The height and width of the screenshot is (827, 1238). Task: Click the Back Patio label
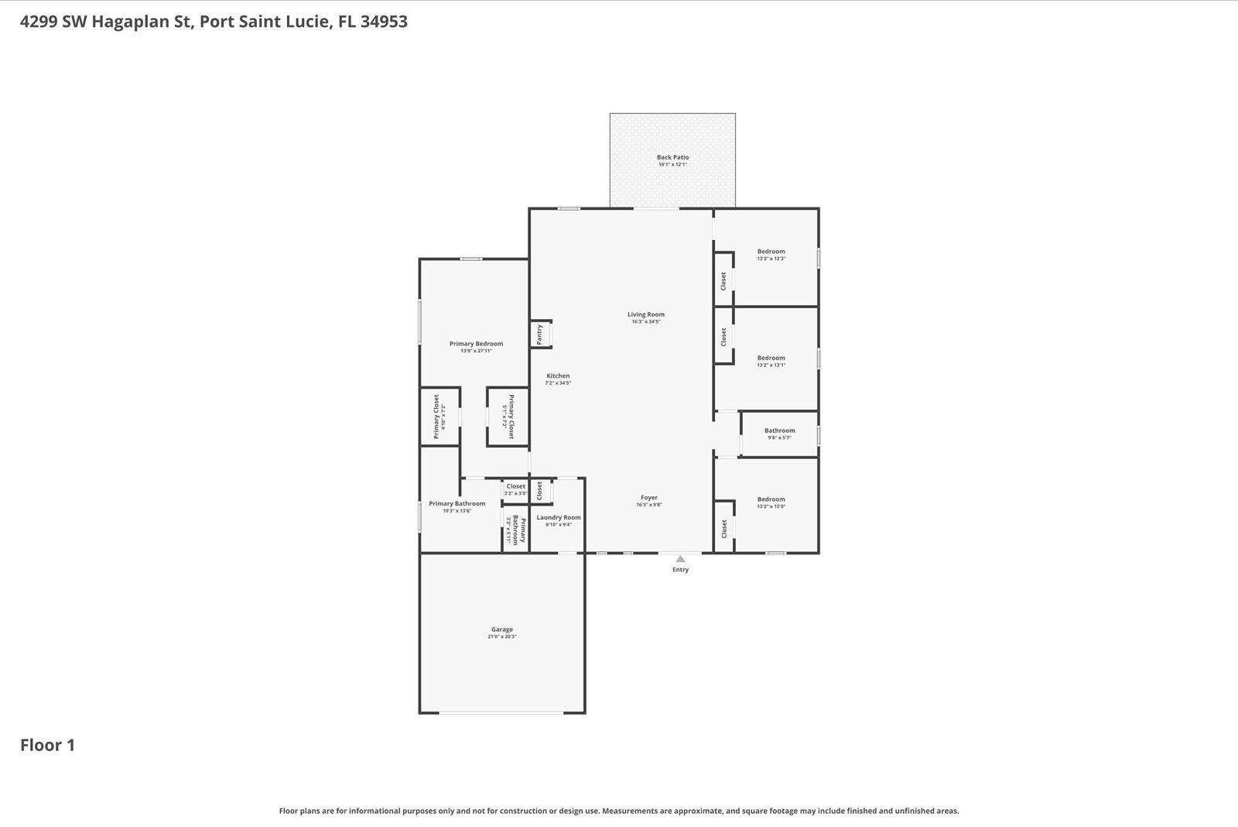(672, 157)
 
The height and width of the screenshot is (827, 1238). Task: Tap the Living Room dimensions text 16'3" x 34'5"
(645, 321)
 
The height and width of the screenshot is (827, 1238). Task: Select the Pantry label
(539, 335)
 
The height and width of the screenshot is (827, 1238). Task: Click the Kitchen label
(557, 376)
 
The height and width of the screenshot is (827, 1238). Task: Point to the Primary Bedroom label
(476, 344)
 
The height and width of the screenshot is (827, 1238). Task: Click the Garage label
(501, 630)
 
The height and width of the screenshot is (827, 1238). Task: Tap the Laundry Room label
(558, 517)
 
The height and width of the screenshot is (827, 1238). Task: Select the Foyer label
(648, 498)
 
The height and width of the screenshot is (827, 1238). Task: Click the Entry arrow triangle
(680, 558)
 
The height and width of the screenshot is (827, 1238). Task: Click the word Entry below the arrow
(680, 570)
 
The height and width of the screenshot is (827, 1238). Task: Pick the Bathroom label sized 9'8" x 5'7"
(779, 431)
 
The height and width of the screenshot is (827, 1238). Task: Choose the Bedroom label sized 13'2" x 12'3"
(771, 252)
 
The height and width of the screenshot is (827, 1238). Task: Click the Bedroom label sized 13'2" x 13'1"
(771, 358)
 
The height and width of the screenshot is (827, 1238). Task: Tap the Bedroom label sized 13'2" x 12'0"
(771, 499)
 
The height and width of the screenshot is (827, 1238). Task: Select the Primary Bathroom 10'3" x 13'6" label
(457, 503)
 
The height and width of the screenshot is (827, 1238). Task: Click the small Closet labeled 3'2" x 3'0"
(515, 486)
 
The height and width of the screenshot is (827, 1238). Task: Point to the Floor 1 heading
(47, 745)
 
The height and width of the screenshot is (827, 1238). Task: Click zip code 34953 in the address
(384, 22)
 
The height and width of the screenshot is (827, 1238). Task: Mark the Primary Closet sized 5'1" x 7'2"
(511, 417)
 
